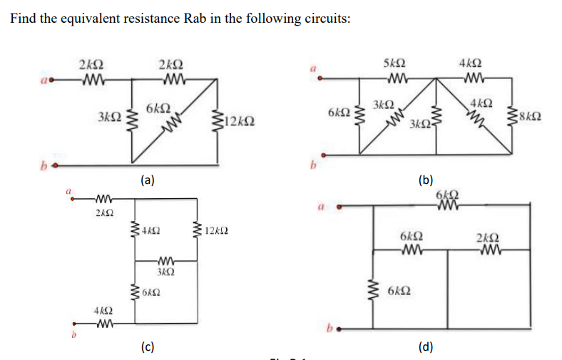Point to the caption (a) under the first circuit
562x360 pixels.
(x=147, y=180)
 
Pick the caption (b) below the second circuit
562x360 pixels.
(x=426, y=180)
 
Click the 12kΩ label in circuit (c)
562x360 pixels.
(x=216, y=230)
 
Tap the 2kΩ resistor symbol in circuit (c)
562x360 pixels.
(x=103, y=199)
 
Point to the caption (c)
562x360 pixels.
(x=147, y=347)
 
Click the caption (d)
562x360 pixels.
(x=426, y=347)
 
